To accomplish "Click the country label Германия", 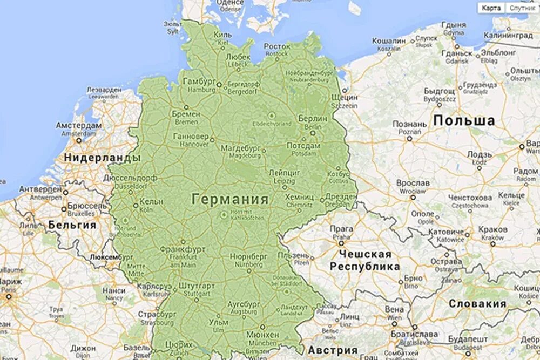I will pos(230,199).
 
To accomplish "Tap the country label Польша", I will pos(464,120).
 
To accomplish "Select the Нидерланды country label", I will pos(102,158).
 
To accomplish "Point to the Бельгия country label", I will pos(72,225).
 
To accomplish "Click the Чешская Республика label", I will pos(365,260).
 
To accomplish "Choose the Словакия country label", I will pos(477,304).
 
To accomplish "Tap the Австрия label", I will pos(333,349).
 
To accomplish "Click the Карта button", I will pos(491,8).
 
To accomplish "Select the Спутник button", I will pos(522,8).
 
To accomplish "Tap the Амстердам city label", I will pos(78,125).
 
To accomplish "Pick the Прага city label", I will pos(341,229).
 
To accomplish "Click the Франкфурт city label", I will pos(182,250).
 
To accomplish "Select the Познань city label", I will pos(410,124).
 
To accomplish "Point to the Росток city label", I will pos(277,47).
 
